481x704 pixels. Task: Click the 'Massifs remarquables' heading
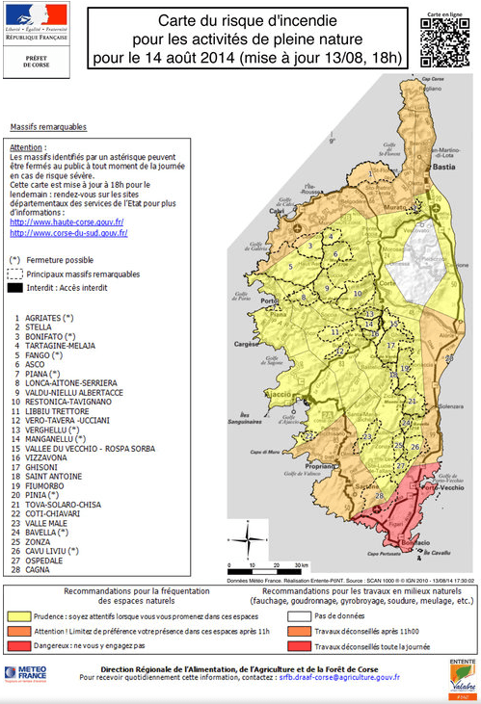(48, 126)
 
